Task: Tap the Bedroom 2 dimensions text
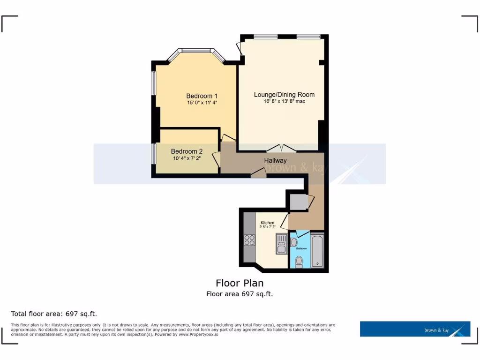[187, 158]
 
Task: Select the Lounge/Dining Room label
[284, 95]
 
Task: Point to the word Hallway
[275, 160]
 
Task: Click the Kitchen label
[267, 223]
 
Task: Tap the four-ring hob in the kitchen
[249, 240]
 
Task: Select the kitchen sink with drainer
[281, 243]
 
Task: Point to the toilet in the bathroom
[299, 260]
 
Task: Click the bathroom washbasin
[294, 242]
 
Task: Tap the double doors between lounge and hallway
[281, 148]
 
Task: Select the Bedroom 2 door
[216, 159]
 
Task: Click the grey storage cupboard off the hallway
[298, 202]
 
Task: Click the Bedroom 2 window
[153, 154]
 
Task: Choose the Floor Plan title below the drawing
[240, 283]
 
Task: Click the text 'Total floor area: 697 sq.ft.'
[54, 314]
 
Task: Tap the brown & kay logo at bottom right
[415, 329]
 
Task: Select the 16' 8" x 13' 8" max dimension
[284, 101]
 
